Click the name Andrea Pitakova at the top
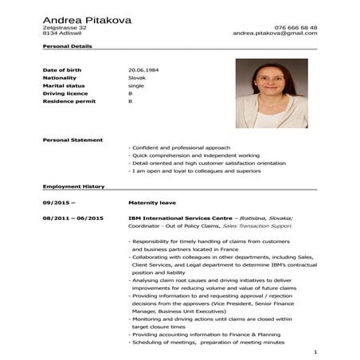tap(88, 19)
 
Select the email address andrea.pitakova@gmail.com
tap(275, 33)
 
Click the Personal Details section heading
tap(68, 46)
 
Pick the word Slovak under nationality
tap(137, 78)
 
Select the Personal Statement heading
tap(72, 139)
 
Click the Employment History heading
tap(73, 186)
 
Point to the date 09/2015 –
tap(58, 202)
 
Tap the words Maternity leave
tap(151, 202)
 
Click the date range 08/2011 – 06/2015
tap(73, 217)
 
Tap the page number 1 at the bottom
tap(315, 351)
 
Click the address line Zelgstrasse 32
tap(65, 27)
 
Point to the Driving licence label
tap(65, 94)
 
